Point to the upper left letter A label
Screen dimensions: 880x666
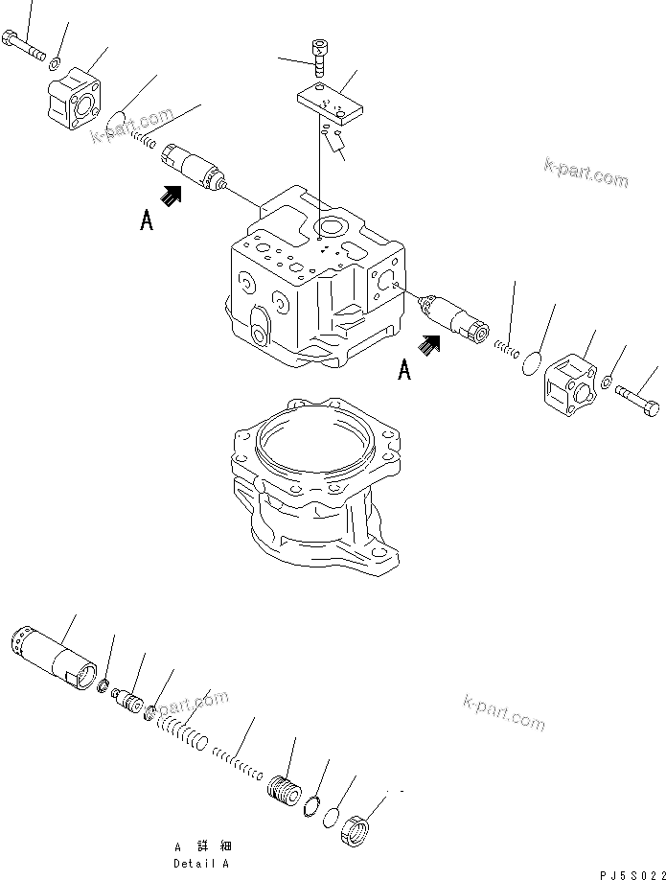click(146, 220)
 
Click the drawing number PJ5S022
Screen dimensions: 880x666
click(628, 873)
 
